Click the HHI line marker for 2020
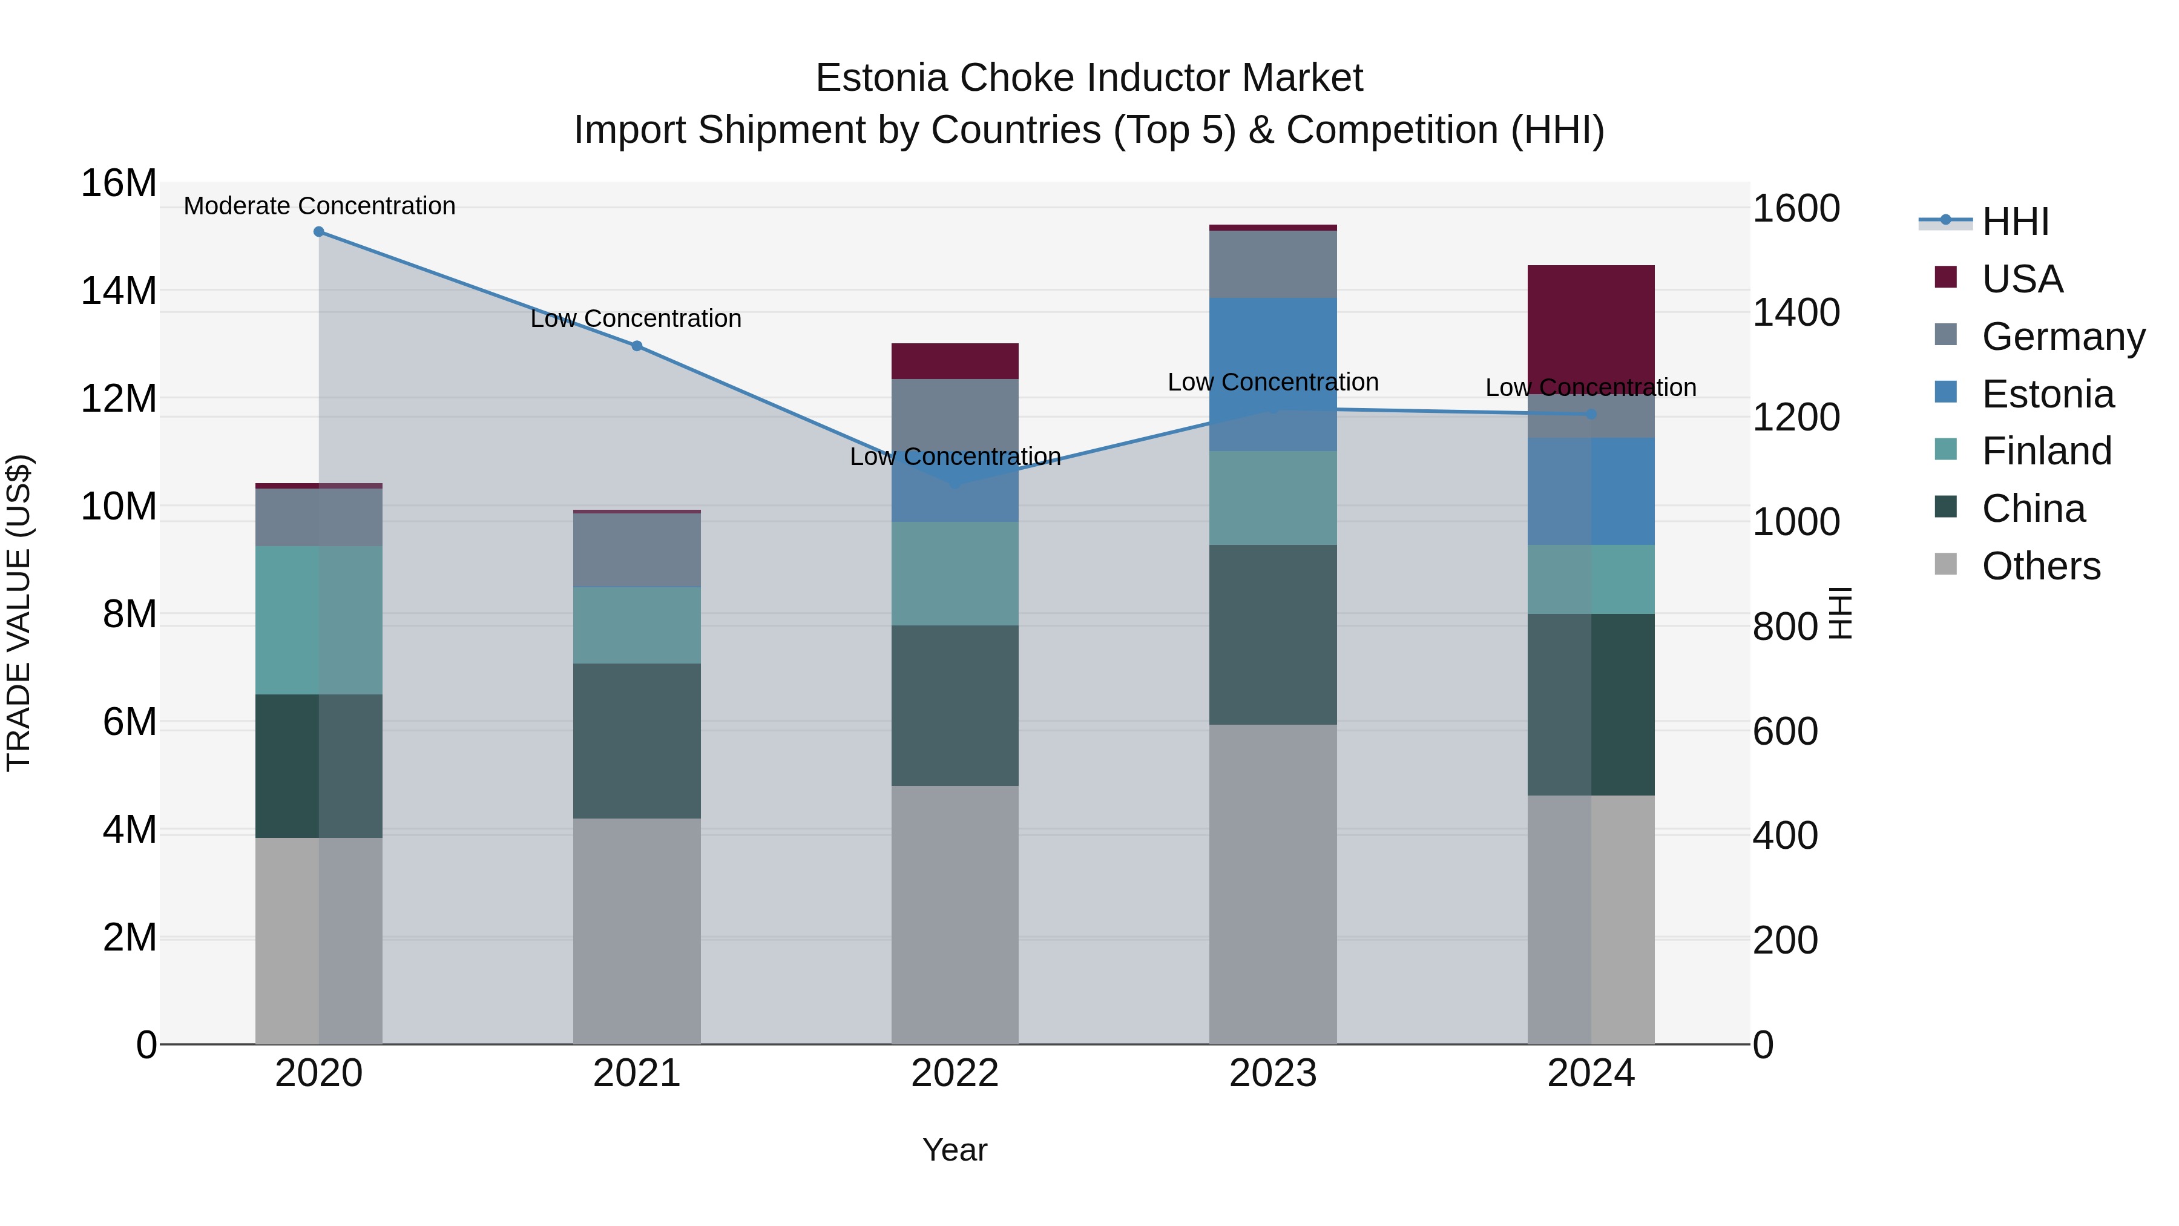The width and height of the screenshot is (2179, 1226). [319, 232]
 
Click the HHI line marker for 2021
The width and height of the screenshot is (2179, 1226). [637, 346]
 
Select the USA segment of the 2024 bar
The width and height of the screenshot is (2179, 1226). [1591, 326]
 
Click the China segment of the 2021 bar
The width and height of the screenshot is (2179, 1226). [637, 740]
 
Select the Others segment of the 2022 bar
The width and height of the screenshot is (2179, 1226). [955, 914]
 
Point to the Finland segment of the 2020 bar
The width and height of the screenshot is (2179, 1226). [319, 620]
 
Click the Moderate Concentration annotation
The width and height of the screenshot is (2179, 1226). [320, 206]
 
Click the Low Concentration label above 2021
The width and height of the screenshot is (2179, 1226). [636, 319]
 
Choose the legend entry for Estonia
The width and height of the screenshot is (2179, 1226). [2047, 394]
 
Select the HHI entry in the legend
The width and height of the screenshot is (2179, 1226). [2015, 222]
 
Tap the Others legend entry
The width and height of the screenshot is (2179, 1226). [2040, 566]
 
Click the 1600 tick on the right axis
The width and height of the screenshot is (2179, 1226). [1796, 209]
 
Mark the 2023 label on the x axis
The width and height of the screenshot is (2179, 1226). [1273, 1073]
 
